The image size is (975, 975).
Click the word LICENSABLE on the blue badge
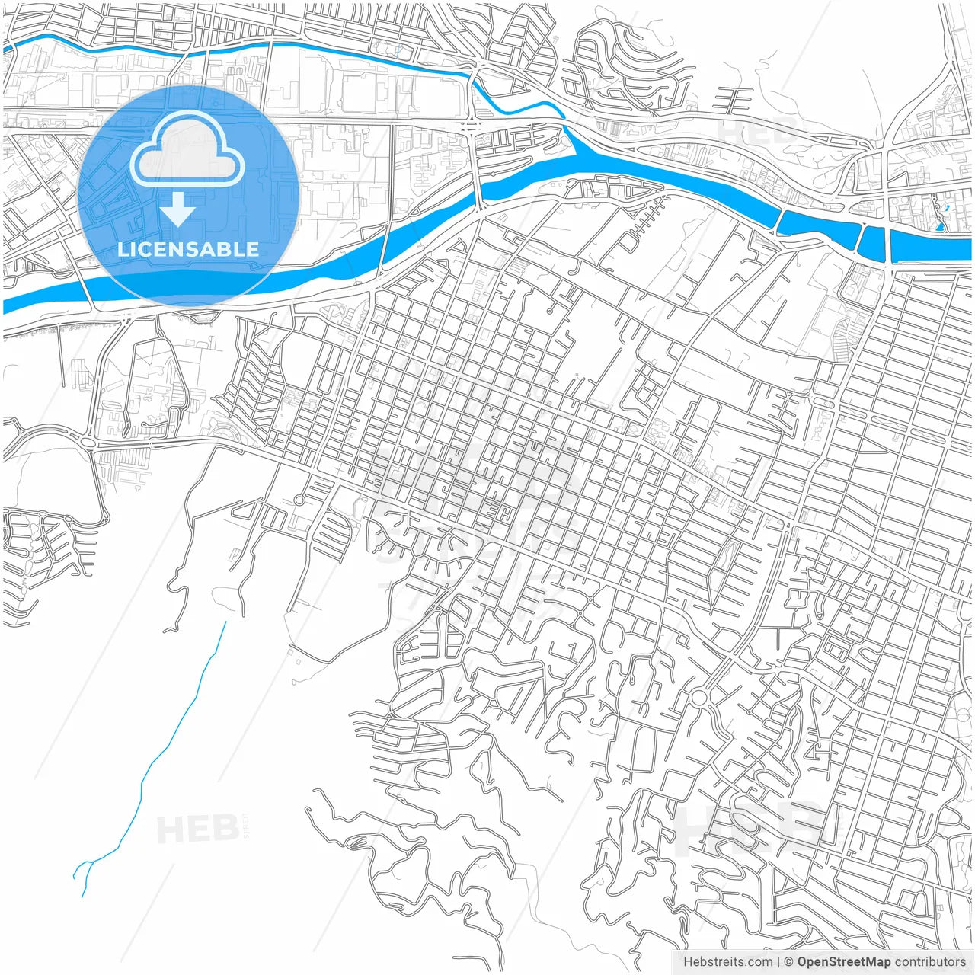(188, 249)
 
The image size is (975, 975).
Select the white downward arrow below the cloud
(178, 209)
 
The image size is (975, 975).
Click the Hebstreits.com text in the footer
(727, 962)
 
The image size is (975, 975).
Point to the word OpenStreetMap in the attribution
(843, 962)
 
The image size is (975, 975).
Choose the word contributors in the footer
(930, 962)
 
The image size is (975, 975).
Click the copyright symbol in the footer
(788, 962)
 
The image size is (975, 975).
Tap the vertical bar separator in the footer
(778, 962)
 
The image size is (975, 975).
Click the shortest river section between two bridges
(873, 241)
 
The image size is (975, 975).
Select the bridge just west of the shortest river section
(860, 238)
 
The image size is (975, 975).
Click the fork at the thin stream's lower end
(88, 865)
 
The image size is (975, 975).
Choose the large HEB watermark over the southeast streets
(750, 826)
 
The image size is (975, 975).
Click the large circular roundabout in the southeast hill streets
(698, 698)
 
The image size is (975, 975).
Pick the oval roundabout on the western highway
(88, 442)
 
